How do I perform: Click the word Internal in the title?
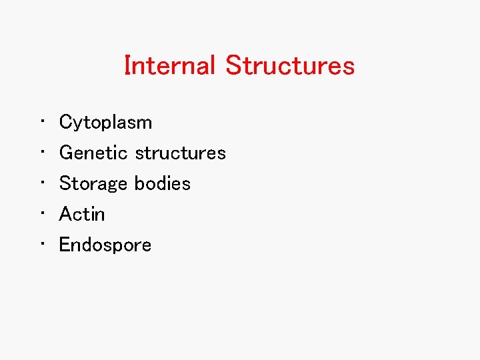pyautogui.click(x=169, y=65)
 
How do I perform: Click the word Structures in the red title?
pyautogui.click(x=290, y=65)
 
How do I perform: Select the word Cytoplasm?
pyautogui.click(x=105, y=123)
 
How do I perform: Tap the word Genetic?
pyautogui.click(x=93, y=153)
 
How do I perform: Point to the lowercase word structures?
pyautogui.click(x=180, y=153)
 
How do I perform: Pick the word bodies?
pyautogui.click(x=163, y=183)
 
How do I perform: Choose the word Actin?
pyautogui.click(x=82, y=214)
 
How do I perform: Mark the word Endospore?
pyautogui.click(x=105, y=245)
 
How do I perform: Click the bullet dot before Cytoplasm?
pyautogui.click(x=42, y=122)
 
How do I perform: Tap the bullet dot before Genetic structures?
pyautogui.click(x=42, y=153)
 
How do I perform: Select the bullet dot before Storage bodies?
pyautogui.click(x=42, y=183)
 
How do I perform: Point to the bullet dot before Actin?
pyautogui.click(x=42, y=214)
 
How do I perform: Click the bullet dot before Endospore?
pyautogui.click(x=42, y=245)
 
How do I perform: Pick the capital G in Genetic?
pyautogui.click(x=66, y=153)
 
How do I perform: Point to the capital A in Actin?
pyautogui.click(x=66, y=214)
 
